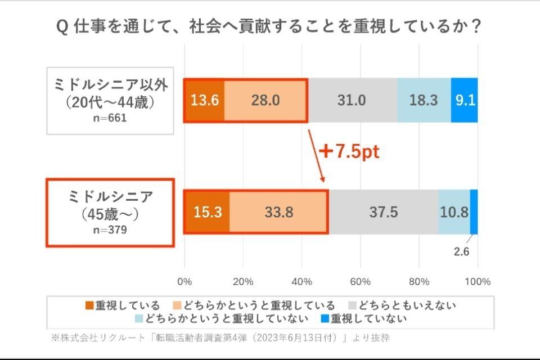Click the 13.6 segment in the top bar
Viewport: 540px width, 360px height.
tap(204, 101)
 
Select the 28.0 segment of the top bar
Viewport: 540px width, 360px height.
tap(265, 101)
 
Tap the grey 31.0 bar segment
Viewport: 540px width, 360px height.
tap(352, 101)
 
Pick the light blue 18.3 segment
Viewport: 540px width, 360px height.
tap(424, 101)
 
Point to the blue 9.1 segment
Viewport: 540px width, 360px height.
tap(465, 101)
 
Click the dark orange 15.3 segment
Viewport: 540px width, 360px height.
tap(206, 212)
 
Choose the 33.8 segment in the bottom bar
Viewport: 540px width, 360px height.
tap(278, 212)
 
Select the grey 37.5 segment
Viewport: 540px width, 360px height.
tap(384, 212)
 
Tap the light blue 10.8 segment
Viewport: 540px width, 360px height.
tap(454, 212)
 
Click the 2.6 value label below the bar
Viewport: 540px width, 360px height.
tap(461, 251)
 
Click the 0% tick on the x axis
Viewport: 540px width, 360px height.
tap(184, 281)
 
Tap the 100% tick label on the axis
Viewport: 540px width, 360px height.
tap(478, 281)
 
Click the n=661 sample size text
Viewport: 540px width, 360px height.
tap(110, 118)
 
